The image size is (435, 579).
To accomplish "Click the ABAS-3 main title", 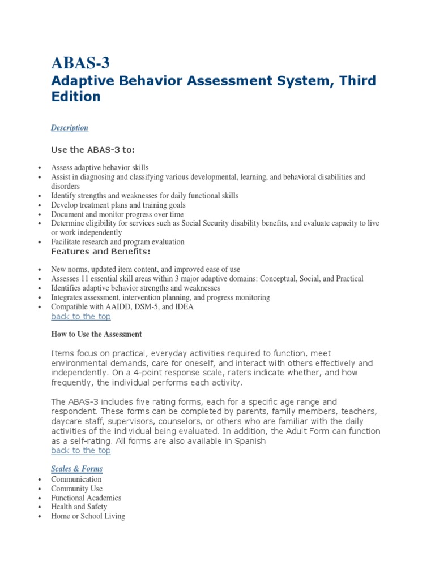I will point(80,63).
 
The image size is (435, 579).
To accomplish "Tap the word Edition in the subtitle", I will point(76,97).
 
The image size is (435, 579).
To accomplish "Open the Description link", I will point(70,128).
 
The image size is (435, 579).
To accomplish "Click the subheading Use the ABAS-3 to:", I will point(93,149).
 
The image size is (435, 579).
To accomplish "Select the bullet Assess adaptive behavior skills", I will point(100,167).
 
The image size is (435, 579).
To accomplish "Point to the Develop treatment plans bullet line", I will point(118,205).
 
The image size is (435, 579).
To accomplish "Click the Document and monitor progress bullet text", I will point(117,214).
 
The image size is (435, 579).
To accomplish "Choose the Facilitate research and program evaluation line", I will point(117,241).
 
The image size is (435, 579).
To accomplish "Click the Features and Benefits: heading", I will point(101,251).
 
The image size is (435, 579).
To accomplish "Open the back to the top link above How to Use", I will point(81,317).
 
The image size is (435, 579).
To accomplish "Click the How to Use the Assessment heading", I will point(96,335).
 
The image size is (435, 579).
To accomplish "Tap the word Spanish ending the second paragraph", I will point(249,441).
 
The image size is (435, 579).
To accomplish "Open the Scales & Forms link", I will point(77,469).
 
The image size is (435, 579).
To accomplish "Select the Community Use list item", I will point(76,489).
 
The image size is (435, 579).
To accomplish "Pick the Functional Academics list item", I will point(86,498).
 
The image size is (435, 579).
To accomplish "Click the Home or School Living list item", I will point(88,516).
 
